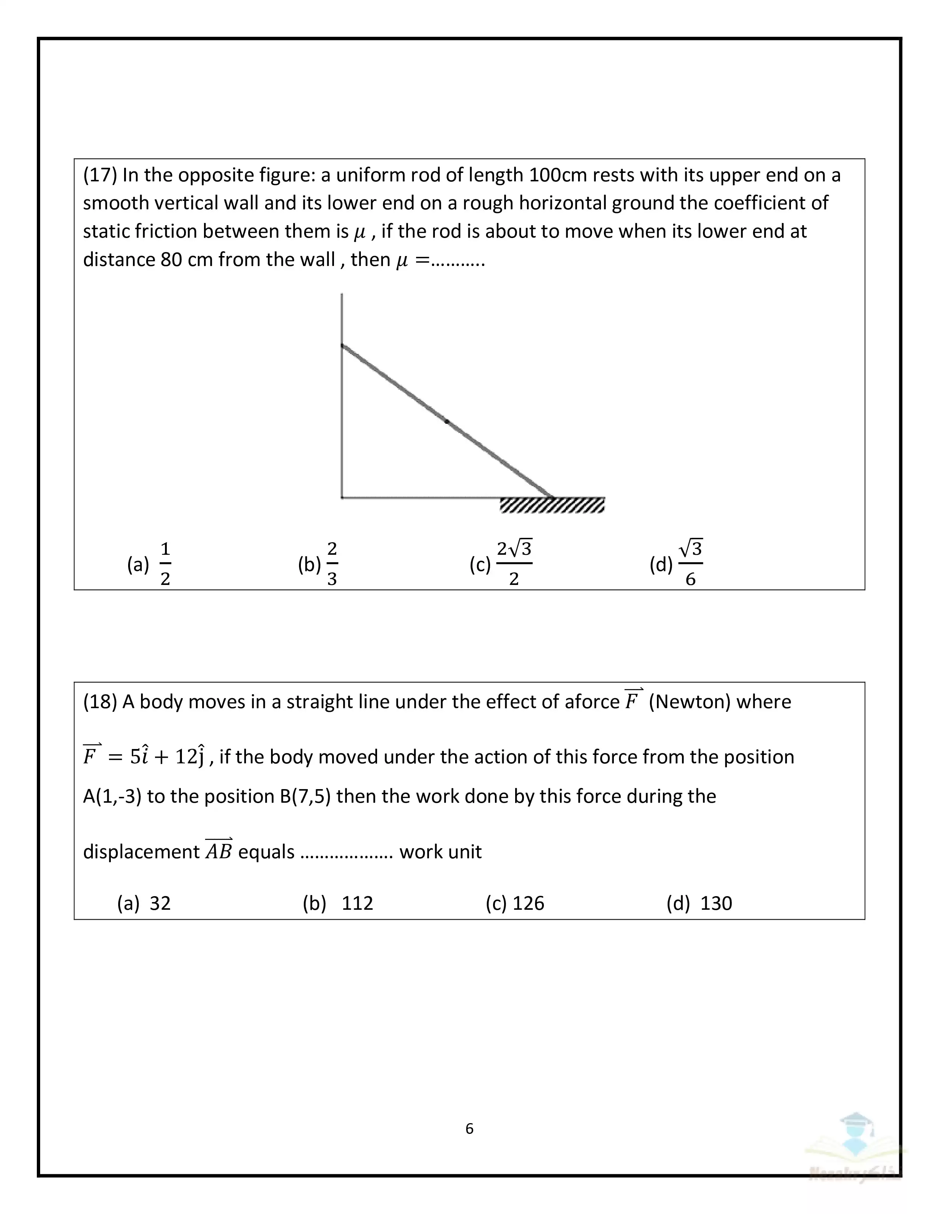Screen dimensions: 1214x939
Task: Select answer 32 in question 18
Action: point(160,903)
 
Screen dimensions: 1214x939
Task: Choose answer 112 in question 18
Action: point(357,903)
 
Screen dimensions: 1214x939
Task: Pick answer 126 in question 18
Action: point(528,903)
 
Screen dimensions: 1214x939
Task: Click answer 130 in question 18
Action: point(716,903)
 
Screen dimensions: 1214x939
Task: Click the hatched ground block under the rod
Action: point(552,505)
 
